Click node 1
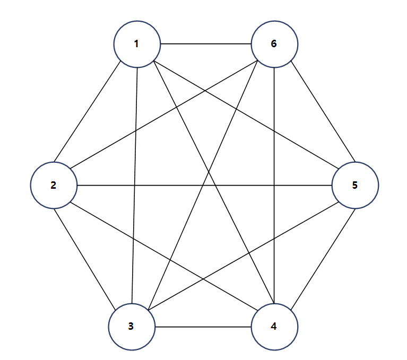pos(137,44)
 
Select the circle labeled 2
pos(54,186)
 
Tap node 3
pos(132,327)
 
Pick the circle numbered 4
pos(274,327)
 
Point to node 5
pos(355,186)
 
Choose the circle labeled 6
pos(274,44)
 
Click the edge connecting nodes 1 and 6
pos(205,44)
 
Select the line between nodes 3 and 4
pos(203,327)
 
